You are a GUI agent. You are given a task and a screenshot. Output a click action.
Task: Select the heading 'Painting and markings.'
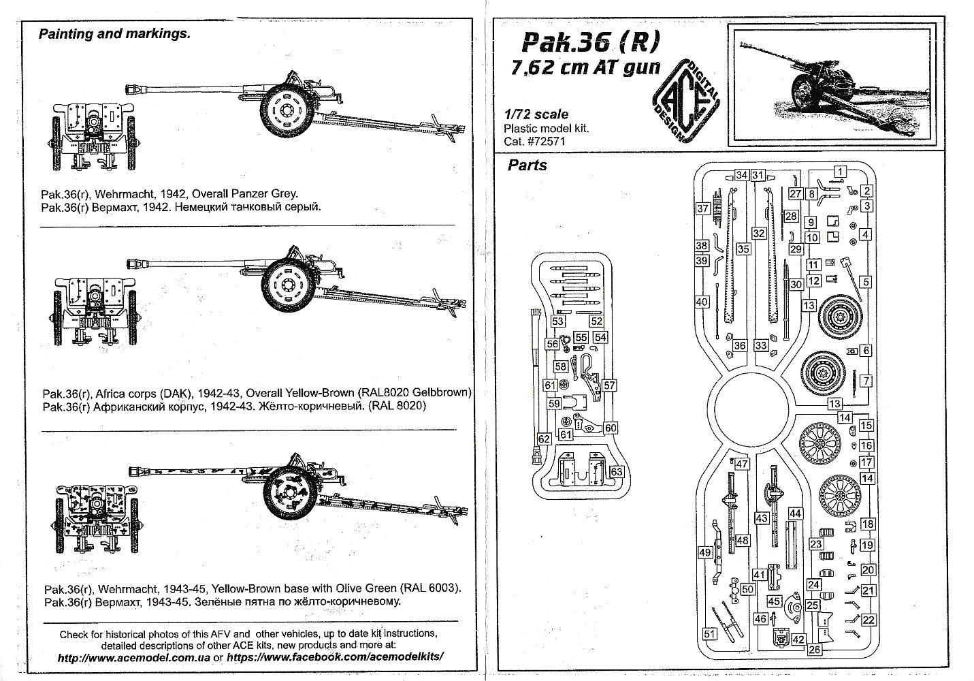click(x=114, y=34)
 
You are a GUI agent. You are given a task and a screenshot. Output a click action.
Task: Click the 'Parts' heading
click(x=527, y=165)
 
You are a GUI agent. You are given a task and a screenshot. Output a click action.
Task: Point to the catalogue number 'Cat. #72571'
click(x=534, y=141)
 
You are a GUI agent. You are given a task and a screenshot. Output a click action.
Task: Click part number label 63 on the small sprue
click(x=616, y=471)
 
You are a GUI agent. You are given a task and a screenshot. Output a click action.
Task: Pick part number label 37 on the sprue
click(x=702, y=208)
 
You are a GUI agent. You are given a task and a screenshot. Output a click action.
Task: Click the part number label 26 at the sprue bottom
click(x=815, y=650)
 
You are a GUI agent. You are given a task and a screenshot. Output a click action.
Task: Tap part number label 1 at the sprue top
click(x=841, y=172)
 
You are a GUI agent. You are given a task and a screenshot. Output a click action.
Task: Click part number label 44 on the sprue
click(x=794, y=513)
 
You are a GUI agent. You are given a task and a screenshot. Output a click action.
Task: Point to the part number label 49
click(x=705, y=552)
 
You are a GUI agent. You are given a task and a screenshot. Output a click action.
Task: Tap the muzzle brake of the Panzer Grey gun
click(x=135, y=88)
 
